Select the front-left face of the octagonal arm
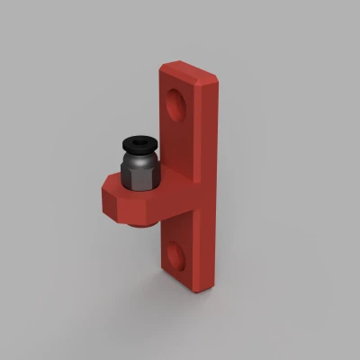pos(115,205)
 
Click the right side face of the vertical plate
pos(212,180)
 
